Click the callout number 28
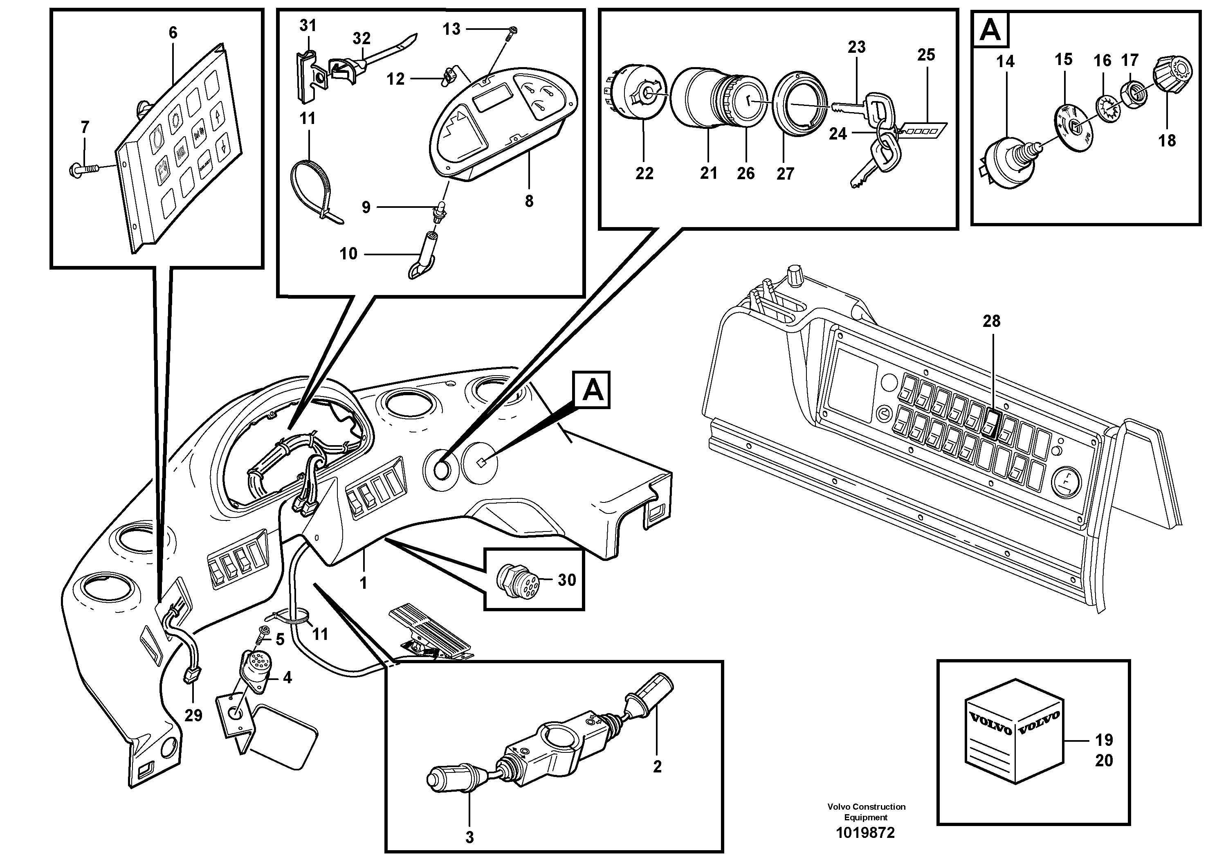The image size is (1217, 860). tap(991, 321)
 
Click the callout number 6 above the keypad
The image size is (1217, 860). tap(173, 33)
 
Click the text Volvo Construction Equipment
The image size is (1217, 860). tap(866, 811)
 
